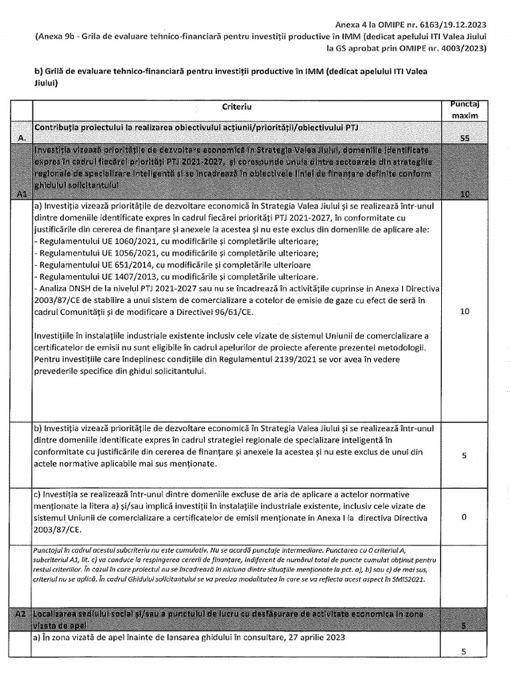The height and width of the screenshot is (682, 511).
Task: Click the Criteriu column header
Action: coord(237,107)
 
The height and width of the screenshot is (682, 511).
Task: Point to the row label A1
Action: coord(23,193)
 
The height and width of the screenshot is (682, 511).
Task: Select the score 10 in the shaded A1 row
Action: coord(466,193)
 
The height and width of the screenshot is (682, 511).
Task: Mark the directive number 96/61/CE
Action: coord(329,313)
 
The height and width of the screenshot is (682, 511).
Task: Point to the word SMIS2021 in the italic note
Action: coord(402,579)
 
